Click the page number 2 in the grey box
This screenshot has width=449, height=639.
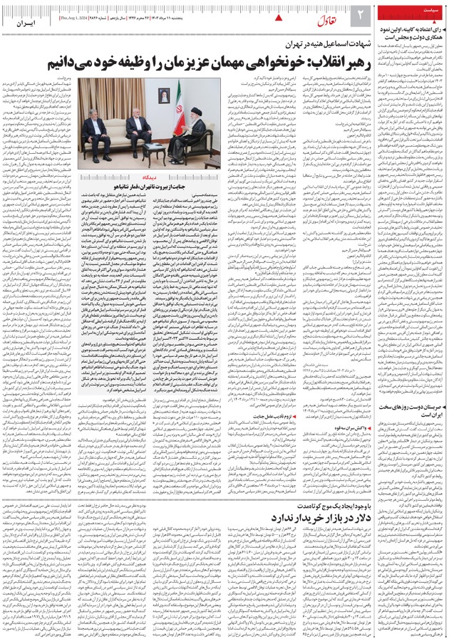[360, 14]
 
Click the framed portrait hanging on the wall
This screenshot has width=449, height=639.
[164, 94]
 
